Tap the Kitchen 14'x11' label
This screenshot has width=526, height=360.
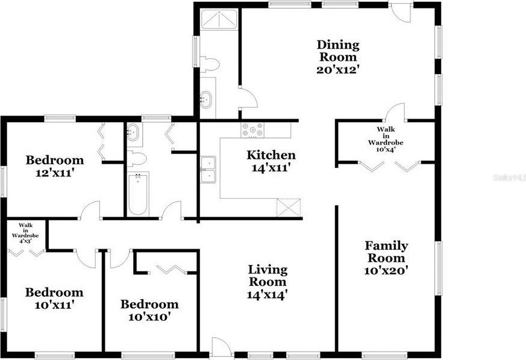[271, 161]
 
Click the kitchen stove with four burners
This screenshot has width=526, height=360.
[252, 129]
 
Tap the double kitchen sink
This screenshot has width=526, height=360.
[208, 170]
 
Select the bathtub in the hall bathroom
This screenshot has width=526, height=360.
[138, 194]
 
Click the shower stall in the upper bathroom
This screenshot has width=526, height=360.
[219, 19]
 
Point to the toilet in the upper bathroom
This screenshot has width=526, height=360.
[209, 64]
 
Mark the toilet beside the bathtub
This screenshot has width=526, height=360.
[136, 159]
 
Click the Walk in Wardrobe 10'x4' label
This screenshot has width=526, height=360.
[386, 139]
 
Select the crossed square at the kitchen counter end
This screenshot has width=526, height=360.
[289, 208]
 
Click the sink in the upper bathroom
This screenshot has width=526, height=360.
[205, 99]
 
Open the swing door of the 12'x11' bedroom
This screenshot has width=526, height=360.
[90, 210]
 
